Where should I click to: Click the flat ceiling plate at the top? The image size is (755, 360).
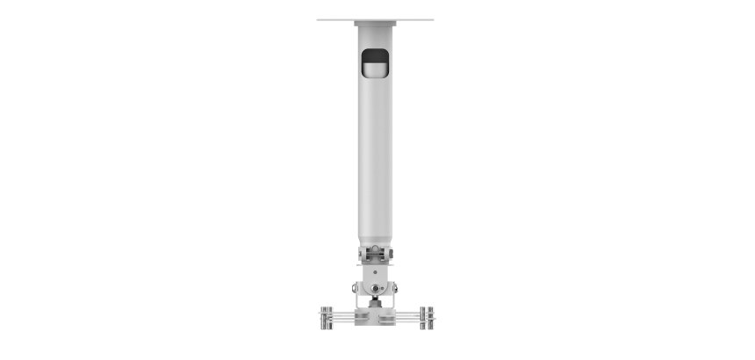click(375, 19)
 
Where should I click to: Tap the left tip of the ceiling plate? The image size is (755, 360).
click(319, 19)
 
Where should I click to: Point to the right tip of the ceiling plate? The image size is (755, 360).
click(432, 19)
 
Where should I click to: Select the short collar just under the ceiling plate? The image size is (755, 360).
click(375, 26)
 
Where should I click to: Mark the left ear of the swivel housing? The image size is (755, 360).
click(356, 288)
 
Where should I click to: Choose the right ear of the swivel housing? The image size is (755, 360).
click(394, 288)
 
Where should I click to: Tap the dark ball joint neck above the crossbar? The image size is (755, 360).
click(375, 302)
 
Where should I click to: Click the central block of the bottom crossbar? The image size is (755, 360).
click(375, 315)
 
